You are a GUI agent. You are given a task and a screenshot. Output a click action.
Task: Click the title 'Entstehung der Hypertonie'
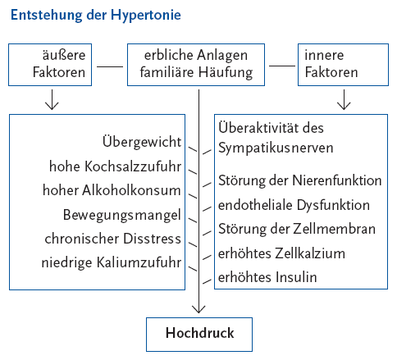click(96, 16)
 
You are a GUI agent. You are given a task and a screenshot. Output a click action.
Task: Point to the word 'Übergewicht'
click(142, 142)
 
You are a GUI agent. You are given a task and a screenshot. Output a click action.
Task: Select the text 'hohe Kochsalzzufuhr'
click(115, 166)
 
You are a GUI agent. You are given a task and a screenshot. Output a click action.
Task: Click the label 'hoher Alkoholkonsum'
click(112, 190)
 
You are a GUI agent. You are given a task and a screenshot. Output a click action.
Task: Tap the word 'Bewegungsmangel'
click(122, 216)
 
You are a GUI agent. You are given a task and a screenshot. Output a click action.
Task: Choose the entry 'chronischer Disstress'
click(113, 239)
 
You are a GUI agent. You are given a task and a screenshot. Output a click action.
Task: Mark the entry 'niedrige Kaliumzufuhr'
click(112, 262)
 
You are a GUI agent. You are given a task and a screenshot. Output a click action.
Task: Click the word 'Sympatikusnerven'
click(276, 148)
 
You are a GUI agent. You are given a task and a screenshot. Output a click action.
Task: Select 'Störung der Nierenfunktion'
click(300, 180)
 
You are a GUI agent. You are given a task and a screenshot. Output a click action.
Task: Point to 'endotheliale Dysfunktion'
click(294, 205)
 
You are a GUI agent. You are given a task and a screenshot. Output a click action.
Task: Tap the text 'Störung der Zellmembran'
click(297, 229)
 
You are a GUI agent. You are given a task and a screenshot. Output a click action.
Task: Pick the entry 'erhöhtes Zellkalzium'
click(281, 253)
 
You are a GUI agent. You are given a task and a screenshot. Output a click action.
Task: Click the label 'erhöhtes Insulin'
click(267, 277)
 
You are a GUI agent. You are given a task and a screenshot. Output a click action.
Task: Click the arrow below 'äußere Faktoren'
click(52, 99)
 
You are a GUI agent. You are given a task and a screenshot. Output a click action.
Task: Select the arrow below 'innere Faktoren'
click(344, 99)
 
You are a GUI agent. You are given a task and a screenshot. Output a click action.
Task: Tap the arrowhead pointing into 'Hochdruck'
click(198, 310)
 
